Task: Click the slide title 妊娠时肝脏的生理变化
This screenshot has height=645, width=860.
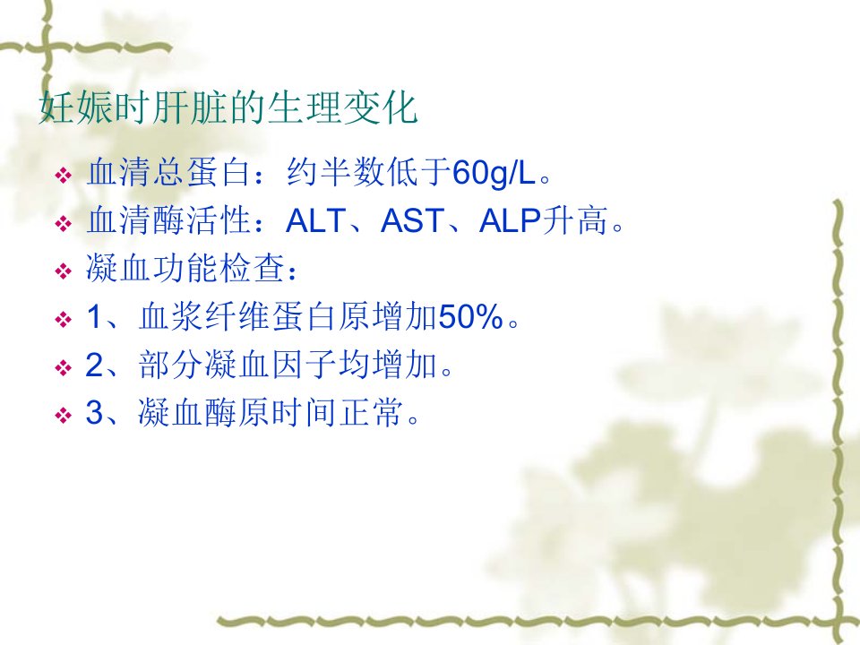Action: coord(228,107)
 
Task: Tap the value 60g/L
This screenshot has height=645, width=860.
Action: coord(494,173)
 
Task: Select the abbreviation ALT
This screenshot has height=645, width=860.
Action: coord(315,221)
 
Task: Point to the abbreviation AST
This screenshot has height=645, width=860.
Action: coord(412,221)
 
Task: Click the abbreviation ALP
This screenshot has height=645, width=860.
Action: coord(510,221)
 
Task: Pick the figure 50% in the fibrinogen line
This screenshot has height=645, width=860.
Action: coord(470,316)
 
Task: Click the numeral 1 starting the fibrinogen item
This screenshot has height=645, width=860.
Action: coord(94,316)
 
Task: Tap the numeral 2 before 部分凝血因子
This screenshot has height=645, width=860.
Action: coord(94,365)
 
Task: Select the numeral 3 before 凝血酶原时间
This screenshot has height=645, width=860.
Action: coord(94,412)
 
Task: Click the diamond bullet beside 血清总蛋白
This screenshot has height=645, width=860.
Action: coord(64,176)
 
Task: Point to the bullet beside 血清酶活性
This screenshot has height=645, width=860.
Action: coord(64,224)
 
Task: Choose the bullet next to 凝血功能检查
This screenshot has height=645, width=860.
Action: coord(64,271)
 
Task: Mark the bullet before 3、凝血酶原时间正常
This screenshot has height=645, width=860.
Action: coord(64,415)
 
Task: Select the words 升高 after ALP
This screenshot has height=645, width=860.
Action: coord(575,221)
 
